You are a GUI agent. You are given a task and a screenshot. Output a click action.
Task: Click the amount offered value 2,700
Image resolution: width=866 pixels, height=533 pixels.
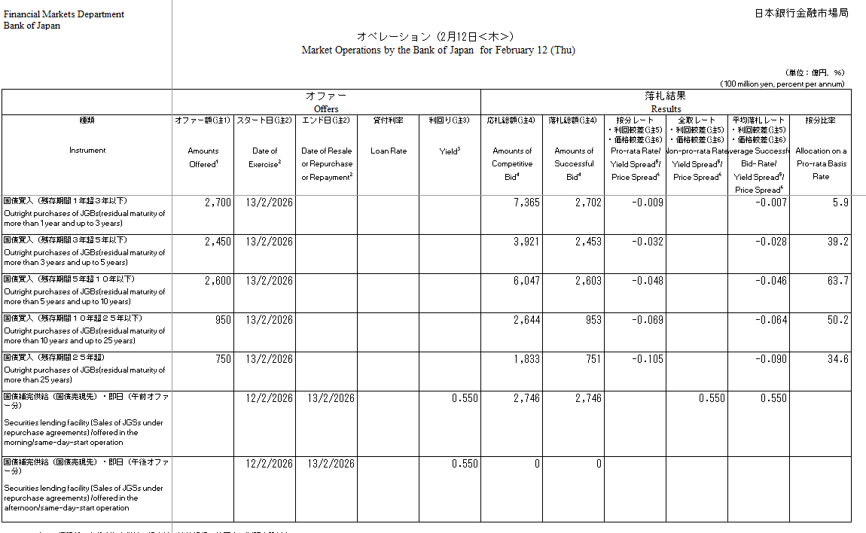218,203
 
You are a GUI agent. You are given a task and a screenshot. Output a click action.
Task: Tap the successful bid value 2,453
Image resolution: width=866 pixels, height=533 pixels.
588,242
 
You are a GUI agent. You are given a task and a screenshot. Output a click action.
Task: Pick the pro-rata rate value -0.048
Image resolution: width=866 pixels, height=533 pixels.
648,281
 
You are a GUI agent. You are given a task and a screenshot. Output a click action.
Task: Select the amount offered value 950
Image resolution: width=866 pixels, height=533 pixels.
223,320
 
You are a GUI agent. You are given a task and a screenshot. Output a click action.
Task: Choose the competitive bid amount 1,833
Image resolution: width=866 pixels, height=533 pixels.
526,359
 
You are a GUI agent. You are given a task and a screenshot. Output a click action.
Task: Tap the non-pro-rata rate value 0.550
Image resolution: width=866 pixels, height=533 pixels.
711,398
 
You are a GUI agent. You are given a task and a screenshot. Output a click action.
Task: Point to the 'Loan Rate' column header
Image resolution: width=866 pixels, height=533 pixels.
388,151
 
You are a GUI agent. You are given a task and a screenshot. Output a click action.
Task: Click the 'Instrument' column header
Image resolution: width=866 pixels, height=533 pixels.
87,151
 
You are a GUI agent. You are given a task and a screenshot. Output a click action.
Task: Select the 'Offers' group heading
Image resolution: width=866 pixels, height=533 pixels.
326,109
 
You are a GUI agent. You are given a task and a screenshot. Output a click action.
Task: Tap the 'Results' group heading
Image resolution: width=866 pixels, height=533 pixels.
666,109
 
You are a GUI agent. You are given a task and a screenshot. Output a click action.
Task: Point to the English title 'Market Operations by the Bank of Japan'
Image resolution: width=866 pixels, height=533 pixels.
388,50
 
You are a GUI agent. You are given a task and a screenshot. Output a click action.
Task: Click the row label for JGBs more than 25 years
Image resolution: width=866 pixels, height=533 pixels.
85,370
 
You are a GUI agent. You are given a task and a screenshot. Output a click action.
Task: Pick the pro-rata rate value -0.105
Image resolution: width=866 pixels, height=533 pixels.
648,359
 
